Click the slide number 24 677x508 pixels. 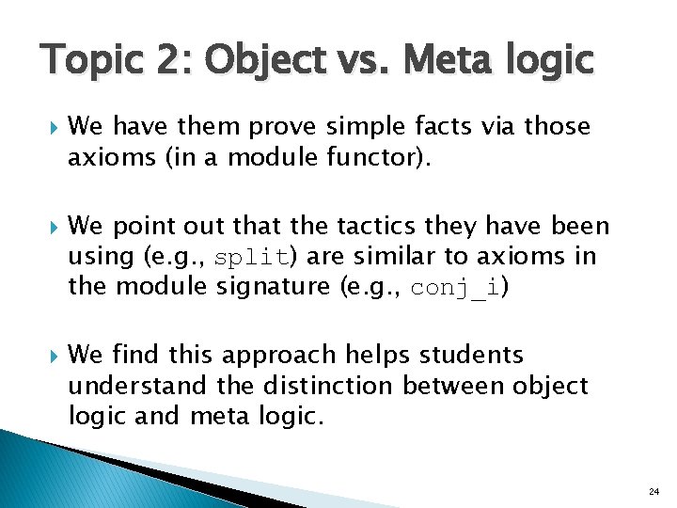coord(653,492)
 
